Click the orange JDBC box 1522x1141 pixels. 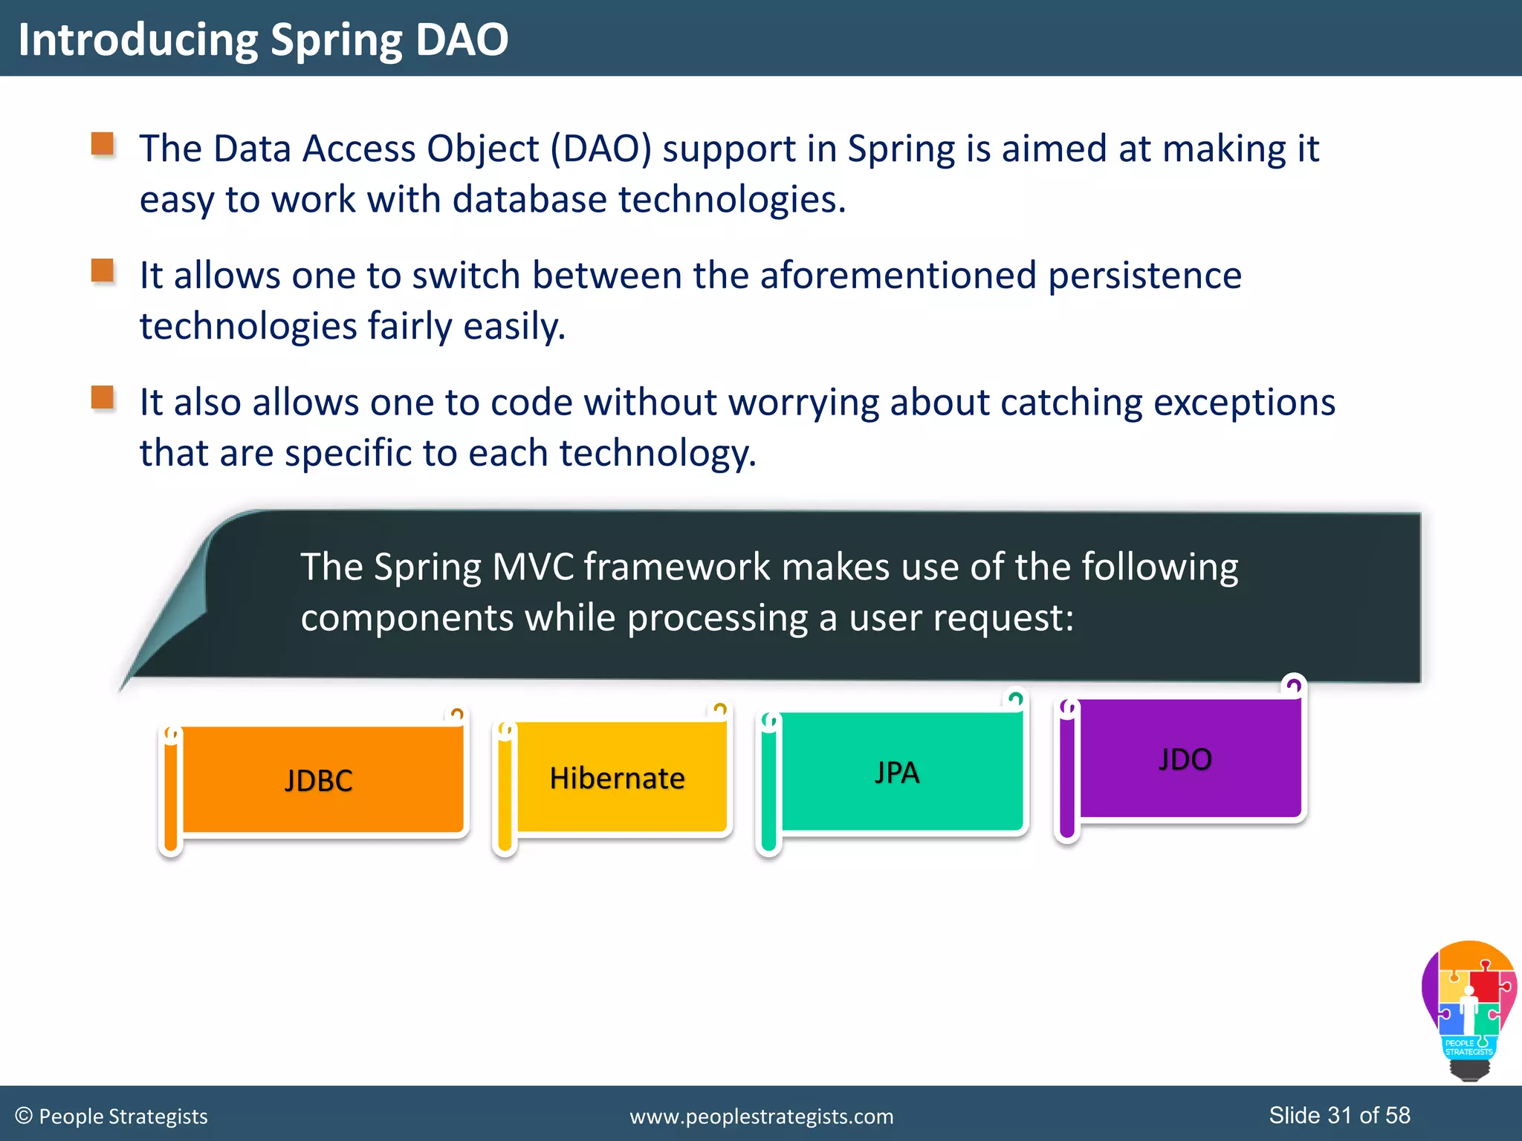320,780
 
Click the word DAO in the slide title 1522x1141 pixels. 462,39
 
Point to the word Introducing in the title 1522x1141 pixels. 137,39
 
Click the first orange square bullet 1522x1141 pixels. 103,144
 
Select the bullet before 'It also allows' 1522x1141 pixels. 103,397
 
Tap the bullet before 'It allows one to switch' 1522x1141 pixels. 103,271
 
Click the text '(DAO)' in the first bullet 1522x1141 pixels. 600,149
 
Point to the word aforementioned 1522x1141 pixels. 898,276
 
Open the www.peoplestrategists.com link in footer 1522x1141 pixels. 761,1116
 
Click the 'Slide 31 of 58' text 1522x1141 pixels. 1339,1115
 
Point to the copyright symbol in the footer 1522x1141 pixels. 24,1116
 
